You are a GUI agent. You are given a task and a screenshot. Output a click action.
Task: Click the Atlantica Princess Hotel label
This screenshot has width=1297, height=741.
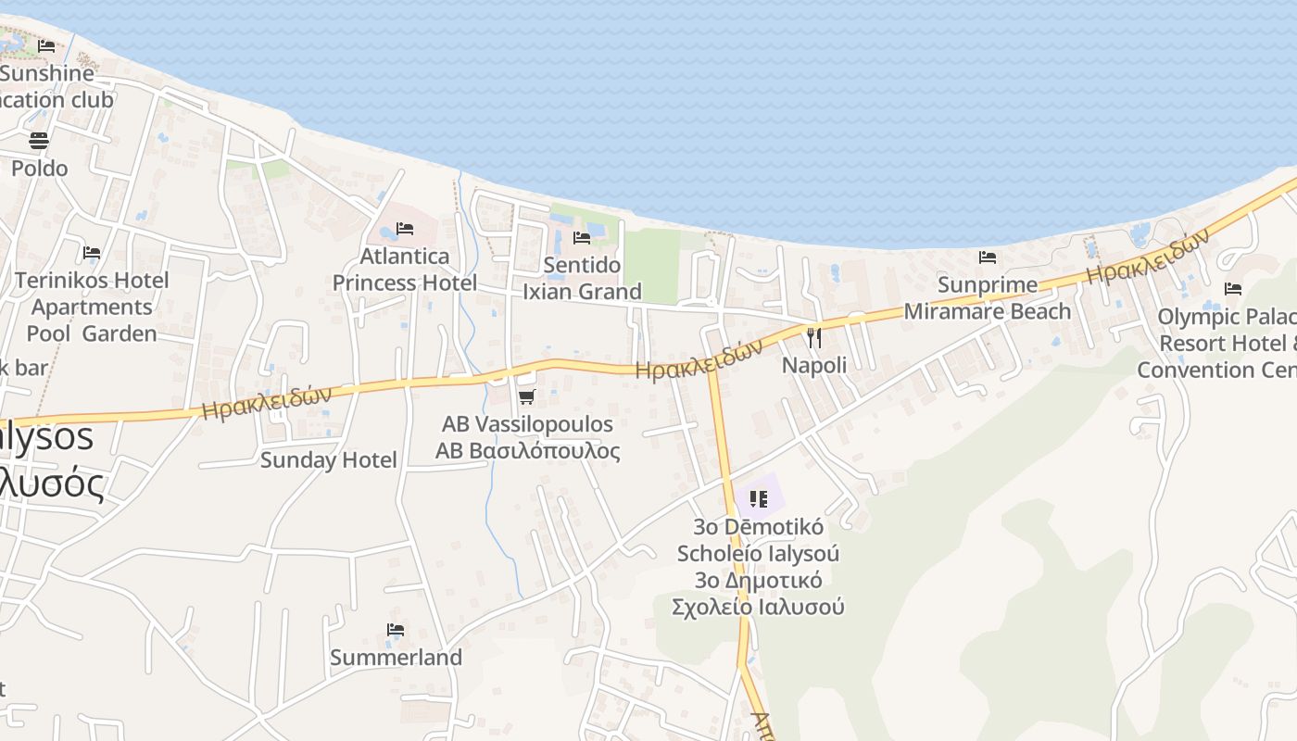pos(405,270)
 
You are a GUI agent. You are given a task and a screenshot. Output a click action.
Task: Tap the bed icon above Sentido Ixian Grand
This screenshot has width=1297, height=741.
pos(582,238)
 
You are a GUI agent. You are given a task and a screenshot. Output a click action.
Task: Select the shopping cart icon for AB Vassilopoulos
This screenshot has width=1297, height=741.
pos(526,397)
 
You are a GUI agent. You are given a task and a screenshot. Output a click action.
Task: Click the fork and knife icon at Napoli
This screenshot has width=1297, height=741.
pos(814,338)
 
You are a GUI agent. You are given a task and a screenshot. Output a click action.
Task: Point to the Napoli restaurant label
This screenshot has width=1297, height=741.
pos(814,365)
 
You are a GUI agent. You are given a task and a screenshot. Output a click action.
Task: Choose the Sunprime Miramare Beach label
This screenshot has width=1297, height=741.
pos(987,297)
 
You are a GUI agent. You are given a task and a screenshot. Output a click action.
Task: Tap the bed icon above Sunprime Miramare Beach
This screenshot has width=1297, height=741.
pos(988,257)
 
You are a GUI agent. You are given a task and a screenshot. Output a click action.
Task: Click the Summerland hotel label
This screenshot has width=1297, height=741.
pos(396,658)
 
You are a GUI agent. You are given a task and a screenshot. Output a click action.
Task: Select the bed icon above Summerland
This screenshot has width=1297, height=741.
pos(396,630)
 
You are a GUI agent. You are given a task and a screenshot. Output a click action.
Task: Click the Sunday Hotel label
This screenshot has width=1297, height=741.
pos(328,459)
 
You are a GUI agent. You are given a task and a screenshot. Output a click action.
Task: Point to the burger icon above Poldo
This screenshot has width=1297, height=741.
pos(39,141)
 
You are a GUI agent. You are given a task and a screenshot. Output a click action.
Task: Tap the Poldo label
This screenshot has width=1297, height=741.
pos(39,168)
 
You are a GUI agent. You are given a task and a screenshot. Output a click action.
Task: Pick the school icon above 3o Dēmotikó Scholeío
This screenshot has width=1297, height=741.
pos(759,499)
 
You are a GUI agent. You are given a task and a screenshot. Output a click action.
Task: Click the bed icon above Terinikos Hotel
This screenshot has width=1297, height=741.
pos(92,252)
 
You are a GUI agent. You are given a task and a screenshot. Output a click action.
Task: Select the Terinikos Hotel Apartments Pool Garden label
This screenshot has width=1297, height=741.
pos(92,307)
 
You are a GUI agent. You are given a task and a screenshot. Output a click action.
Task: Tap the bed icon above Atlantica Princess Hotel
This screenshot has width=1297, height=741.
pos(405,229)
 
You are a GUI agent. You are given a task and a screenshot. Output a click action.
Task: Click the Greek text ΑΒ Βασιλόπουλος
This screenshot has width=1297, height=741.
pos(528,451)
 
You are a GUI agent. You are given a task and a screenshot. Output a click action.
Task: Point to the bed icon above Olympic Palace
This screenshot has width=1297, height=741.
pos(1232,289)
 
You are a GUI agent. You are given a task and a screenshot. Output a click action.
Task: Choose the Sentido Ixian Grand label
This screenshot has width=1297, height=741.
pos(582,278)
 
